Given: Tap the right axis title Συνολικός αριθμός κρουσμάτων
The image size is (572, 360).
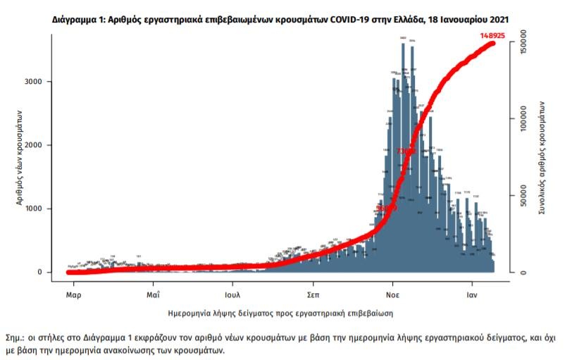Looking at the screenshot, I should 543,156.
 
